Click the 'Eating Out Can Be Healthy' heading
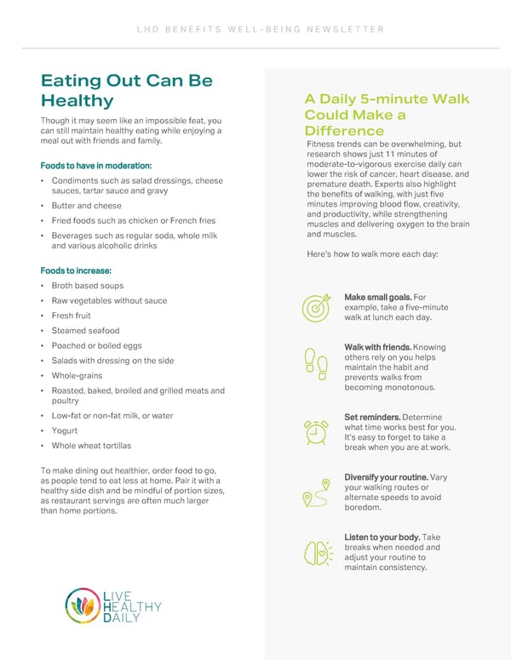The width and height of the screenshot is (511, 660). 126,91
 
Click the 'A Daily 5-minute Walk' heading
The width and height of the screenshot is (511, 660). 387,100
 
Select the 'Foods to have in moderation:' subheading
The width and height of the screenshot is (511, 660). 95,165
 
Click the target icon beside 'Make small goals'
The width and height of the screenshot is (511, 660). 315,307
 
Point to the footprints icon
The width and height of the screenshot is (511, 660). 315,363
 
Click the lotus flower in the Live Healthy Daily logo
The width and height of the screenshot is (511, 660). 83,606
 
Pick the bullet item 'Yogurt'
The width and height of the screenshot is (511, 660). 65,430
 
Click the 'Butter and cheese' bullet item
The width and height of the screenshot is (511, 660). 86,206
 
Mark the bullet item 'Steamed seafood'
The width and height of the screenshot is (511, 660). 85,331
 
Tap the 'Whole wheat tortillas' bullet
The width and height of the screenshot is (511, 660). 91,446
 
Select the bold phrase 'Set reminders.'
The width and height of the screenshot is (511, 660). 371,417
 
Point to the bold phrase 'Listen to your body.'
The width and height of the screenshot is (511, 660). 382,538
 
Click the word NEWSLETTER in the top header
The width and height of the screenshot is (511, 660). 349,30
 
